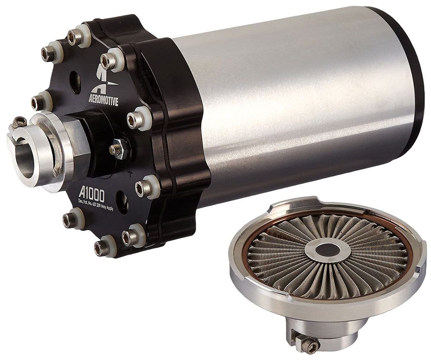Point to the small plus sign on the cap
point(130,173)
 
